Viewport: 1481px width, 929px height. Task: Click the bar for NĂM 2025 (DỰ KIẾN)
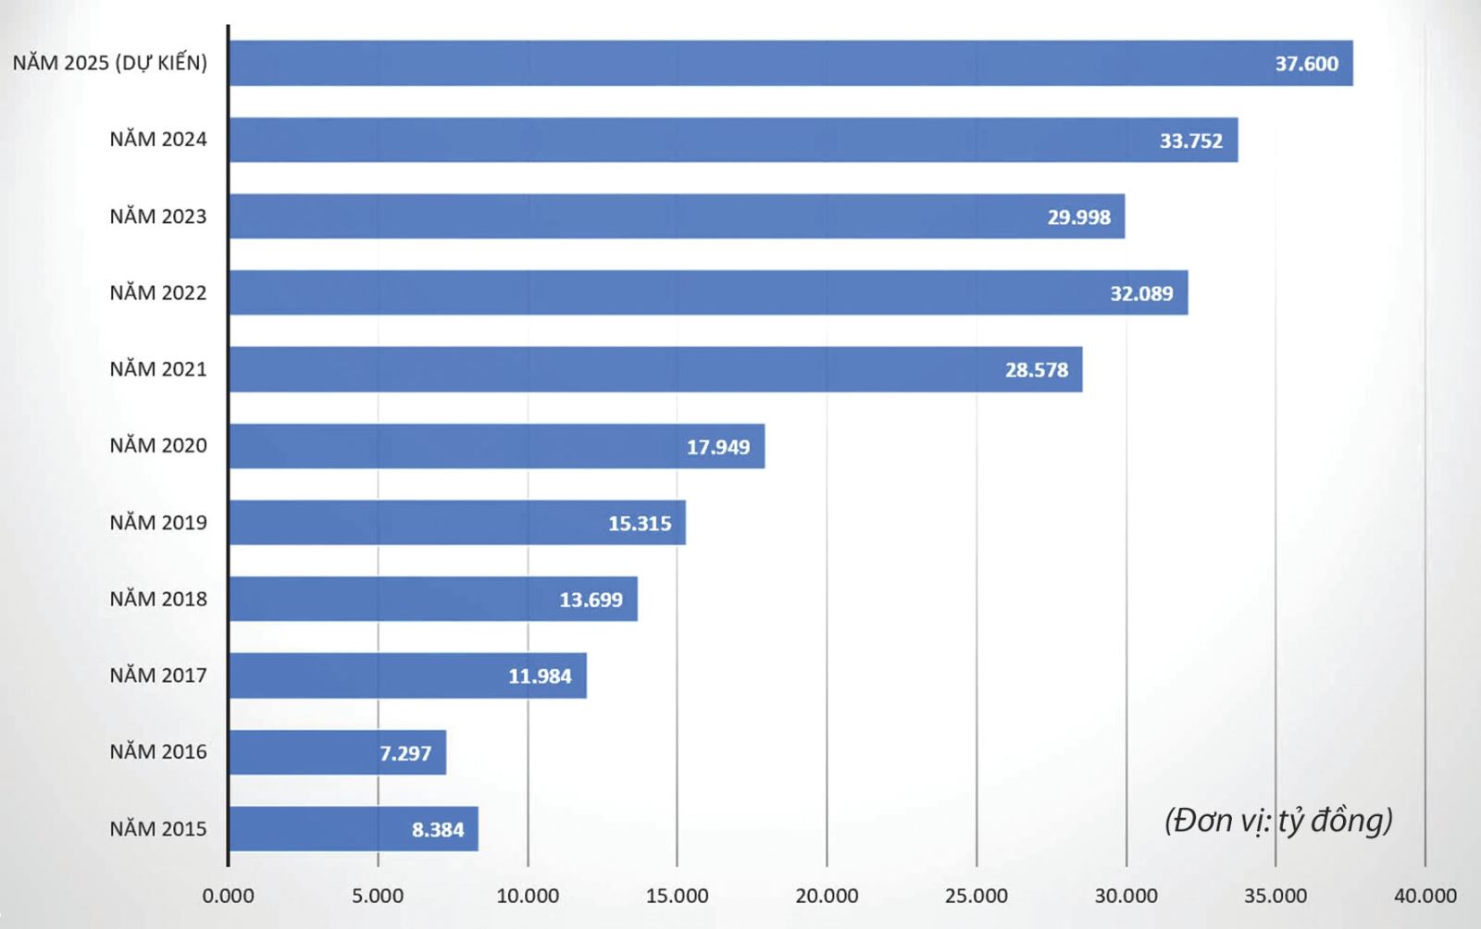(x=740, y=63)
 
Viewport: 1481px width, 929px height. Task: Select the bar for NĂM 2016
(x=305, y=752)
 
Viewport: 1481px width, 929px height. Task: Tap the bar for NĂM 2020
(x=463, y=446)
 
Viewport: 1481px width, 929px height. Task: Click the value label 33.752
(x=1190, y=141)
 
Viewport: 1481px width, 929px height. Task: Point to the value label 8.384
(x=438, y=830)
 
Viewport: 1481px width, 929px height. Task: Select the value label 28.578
(x=1037, y=370)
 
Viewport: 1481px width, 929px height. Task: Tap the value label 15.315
(x=640, y=524)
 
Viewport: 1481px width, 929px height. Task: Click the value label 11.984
(x=540, y=676)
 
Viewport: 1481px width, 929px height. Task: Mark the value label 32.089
(x=1141, y=293)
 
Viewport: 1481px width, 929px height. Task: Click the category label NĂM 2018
(x=158, y=599)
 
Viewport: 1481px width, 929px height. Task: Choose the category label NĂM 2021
(x=158, y=369)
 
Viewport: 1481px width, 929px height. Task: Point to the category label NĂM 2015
(x=158, y=828)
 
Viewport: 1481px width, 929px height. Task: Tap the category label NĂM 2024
(x=158, y=140)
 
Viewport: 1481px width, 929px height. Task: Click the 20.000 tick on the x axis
(x=827, y=896)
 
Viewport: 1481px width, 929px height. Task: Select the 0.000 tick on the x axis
(x=228, y=896)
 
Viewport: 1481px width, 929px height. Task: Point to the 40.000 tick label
(x=1425, y=896)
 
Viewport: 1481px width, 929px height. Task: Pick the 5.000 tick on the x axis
(x=378, y=896)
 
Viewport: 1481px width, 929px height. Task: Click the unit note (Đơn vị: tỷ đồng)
(x=1278, y=821)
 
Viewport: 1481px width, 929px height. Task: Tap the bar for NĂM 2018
(x=389, y=599)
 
